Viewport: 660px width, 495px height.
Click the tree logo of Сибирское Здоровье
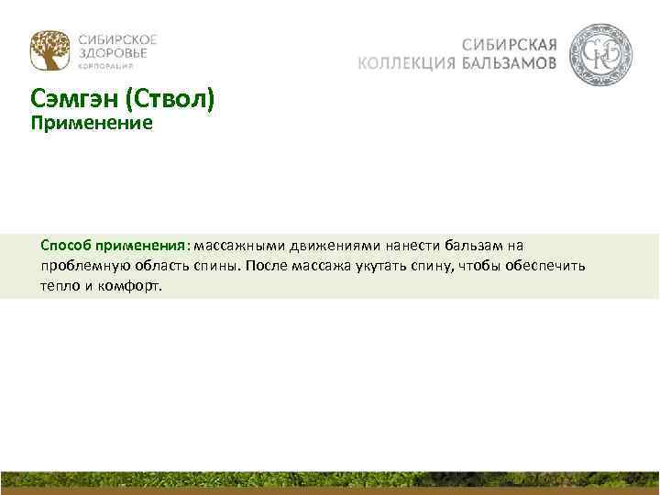48,50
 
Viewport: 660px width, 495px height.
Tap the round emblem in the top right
600,55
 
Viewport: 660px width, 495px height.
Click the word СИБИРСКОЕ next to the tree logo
117,39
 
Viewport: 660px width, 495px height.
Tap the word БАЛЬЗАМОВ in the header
509,63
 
